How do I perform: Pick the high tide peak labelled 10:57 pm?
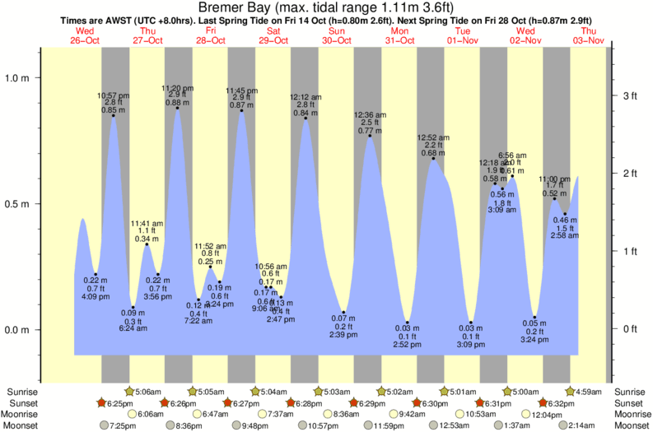coord(114,116)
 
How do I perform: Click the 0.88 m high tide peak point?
coord(177,108)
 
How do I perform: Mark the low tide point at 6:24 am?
coord(133,307)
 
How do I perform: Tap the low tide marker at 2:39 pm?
coord(343,312)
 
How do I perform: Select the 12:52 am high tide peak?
coord(433,159)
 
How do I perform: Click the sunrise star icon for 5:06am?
coord(129,391)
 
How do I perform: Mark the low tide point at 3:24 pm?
coord(534,318)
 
